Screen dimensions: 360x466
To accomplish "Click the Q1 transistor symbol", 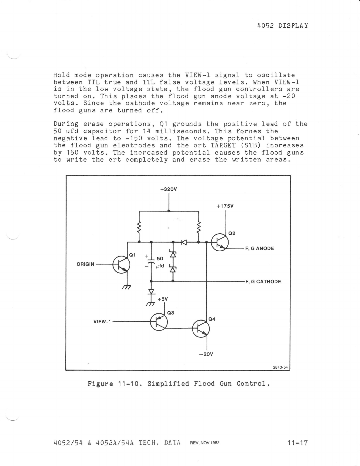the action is [121, 264].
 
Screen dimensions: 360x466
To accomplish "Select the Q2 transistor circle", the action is [220, 242].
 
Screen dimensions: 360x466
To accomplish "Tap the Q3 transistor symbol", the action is [159, 322].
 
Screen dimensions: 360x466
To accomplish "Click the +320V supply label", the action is [169, 189].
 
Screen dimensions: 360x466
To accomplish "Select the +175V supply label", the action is [225, 206].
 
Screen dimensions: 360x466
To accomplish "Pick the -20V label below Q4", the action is [206, 354].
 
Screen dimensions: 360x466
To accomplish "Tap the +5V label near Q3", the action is [163, 299].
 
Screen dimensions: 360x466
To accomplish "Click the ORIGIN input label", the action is [85, 264].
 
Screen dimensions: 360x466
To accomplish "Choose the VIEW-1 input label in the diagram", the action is [102, 322].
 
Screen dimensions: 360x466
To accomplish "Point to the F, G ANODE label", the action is [259, 249].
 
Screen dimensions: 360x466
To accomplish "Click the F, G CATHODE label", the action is [263, 282].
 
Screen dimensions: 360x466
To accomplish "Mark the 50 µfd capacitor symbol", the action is [151, 262].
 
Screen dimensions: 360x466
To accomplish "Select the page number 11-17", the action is [298, 442].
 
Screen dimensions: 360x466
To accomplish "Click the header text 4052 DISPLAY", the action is [282, 25].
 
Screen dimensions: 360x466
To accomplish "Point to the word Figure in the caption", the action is [100, 384].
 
